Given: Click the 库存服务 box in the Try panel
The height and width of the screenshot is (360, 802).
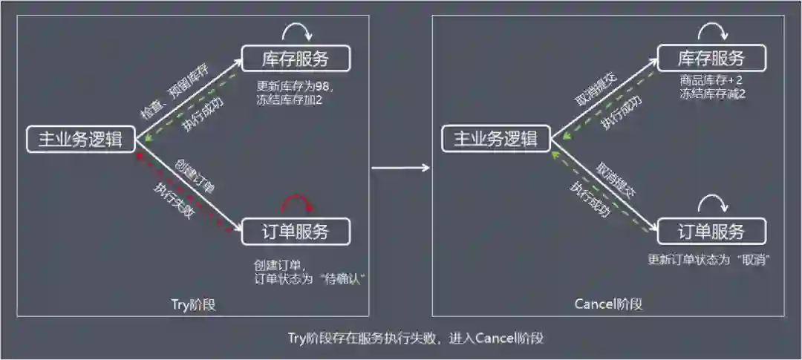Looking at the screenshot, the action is (x=296, y=59).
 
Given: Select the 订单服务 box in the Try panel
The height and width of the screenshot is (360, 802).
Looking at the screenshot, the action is (x=296, y=232).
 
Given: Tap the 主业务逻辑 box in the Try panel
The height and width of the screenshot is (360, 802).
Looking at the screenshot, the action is (x=80, y=139).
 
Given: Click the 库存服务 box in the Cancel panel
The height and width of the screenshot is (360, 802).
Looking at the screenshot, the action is (x=711, y=59).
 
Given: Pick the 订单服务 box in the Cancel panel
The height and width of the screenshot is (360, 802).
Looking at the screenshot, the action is (x=711, y=232).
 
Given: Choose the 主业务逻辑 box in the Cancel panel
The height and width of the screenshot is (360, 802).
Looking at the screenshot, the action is (x=495, y=139).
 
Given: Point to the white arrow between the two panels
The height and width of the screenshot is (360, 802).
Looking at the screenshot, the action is (x=400, y=168).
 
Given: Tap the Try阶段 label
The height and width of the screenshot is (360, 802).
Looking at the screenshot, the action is (x=192, y=304).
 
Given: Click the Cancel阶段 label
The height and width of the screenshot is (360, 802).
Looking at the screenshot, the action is (x=608, y=304).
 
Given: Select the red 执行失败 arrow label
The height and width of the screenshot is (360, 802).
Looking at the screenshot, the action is (x=173, y=200).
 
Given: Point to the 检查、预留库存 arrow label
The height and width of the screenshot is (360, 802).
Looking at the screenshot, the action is (x=175, y=91).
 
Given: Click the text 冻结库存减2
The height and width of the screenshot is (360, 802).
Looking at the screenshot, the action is (x=712, y=94).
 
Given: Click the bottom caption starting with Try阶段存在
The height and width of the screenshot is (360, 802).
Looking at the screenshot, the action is (x=415, y=338).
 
